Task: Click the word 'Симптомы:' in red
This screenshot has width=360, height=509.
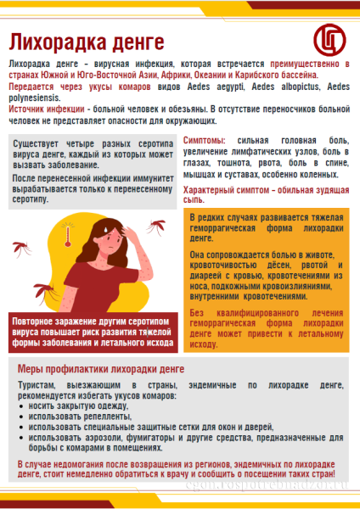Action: (x=205, y=139)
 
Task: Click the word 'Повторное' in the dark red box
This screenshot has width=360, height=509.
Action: (x=37, y=323)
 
